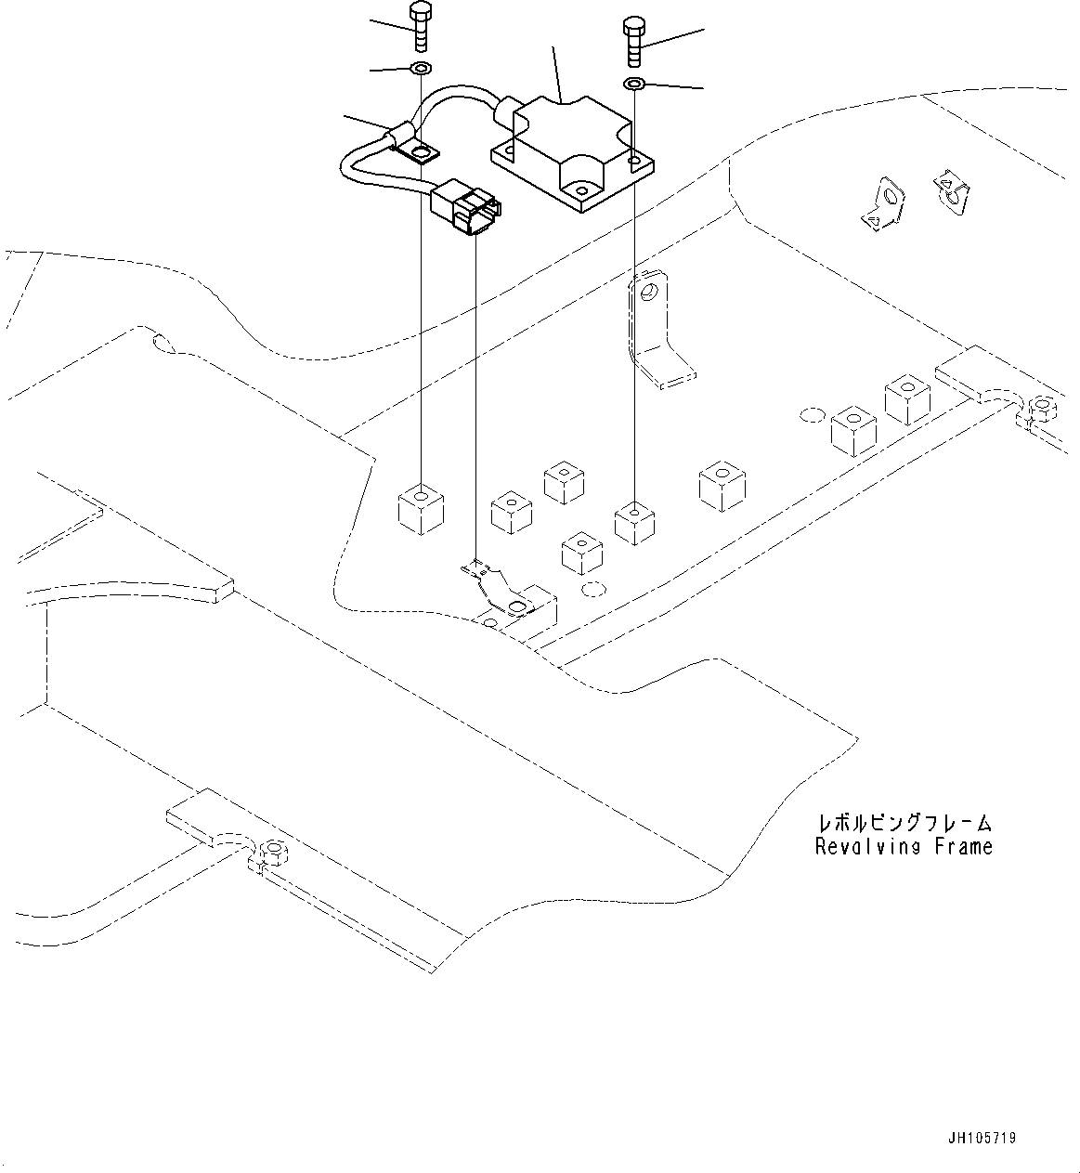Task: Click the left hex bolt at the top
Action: point(420,28)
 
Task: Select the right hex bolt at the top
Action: point(634,42)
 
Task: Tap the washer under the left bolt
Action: point(421,69)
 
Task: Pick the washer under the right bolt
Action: point(634,85)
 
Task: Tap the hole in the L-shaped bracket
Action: point(648,293)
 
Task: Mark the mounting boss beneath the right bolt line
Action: point(635,522)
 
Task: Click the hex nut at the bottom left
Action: point(273,851)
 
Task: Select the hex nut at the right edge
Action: point(1041,407)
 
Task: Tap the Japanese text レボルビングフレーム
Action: point(904,823)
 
